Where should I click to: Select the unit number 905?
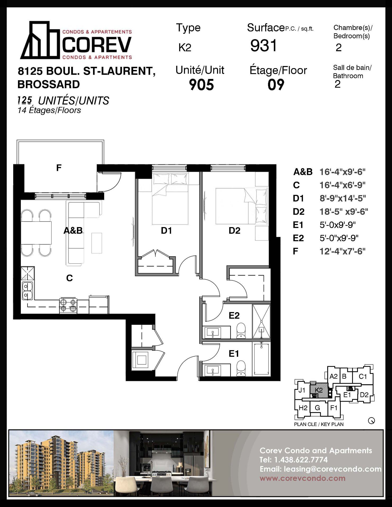point(201,85)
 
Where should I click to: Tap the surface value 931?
point(264,45)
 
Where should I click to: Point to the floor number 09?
point(276,85)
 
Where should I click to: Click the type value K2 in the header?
point(185,48)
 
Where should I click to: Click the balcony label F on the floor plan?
point(59,168)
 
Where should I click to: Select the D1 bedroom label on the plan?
point(167,231)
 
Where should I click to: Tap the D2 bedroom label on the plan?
point(234,231)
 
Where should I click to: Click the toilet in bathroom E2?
point(241,330)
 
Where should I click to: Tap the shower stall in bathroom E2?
point(261,321)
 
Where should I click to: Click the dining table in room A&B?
point(36,233)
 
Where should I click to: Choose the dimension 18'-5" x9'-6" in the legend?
point(344,212)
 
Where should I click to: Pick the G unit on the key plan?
point(317,408)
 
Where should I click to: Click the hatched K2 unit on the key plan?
point(319,390)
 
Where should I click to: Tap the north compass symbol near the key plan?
point(371,421)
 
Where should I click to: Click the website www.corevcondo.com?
point(303,478)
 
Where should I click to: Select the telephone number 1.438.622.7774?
point(301,460)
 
